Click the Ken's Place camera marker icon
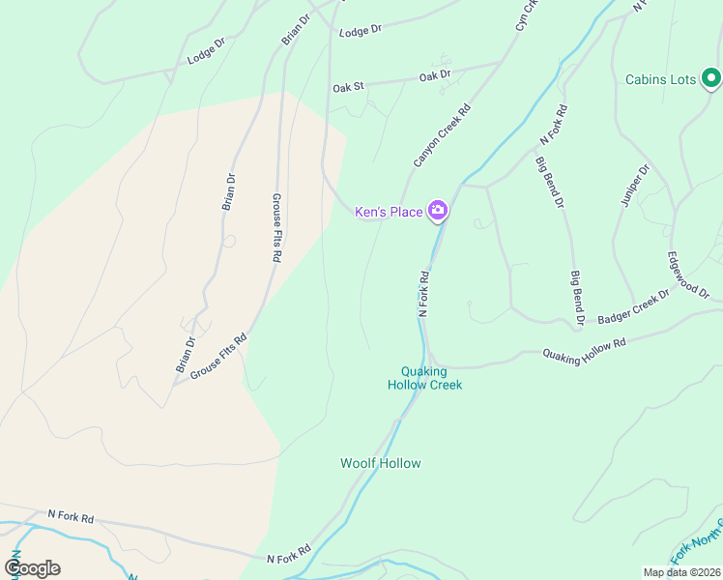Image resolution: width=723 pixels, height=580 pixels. tap(438, 211)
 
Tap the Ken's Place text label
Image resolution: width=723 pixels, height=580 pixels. tap(389, 212)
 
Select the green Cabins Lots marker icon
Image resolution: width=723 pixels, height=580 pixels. tap(710, 77)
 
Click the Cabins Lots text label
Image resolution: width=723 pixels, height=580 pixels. tap(660, 79)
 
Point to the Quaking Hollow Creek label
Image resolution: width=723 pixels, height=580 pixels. tap(425, 378)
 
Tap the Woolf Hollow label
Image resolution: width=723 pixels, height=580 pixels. tap(381, 463)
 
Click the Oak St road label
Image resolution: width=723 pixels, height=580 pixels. tap(348, 87)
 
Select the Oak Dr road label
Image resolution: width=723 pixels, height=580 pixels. tap(435, 75)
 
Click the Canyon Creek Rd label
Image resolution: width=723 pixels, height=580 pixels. tap(442, 135)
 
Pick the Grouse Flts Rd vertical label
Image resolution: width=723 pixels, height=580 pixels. tap(275, 227)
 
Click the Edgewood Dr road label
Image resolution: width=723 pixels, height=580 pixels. tap(687, 281)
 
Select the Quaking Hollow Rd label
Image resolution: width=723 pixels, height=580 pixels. tap(584, 351)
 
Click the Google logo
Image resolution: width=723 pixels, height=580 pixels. tap(32, 567)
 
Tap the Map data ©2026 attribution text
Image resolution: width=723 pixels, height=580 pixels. tap(681, 572)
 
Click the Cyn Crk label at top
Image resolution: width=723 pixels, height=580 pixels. tap(525, 16)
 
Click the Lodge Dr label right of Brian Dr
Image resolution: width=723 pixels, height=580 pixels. tap(361, 30)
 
